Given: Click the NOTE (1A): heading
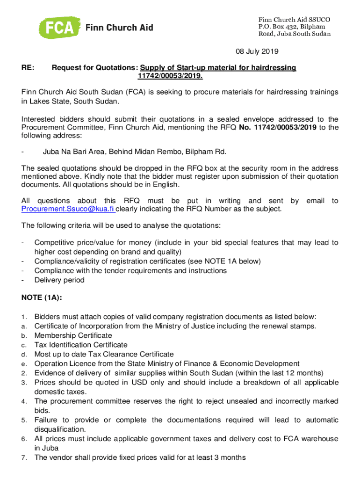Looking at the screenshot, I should pos(42,297).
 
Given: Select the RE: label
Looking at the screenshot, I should pos(28,68).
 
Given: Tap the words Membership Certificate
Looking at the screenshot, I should pos(73,335).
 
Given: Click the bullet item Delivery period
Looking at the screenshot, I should pos(59,280).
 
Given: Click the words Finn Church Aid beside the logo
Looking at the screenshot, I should pos(119,28).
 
